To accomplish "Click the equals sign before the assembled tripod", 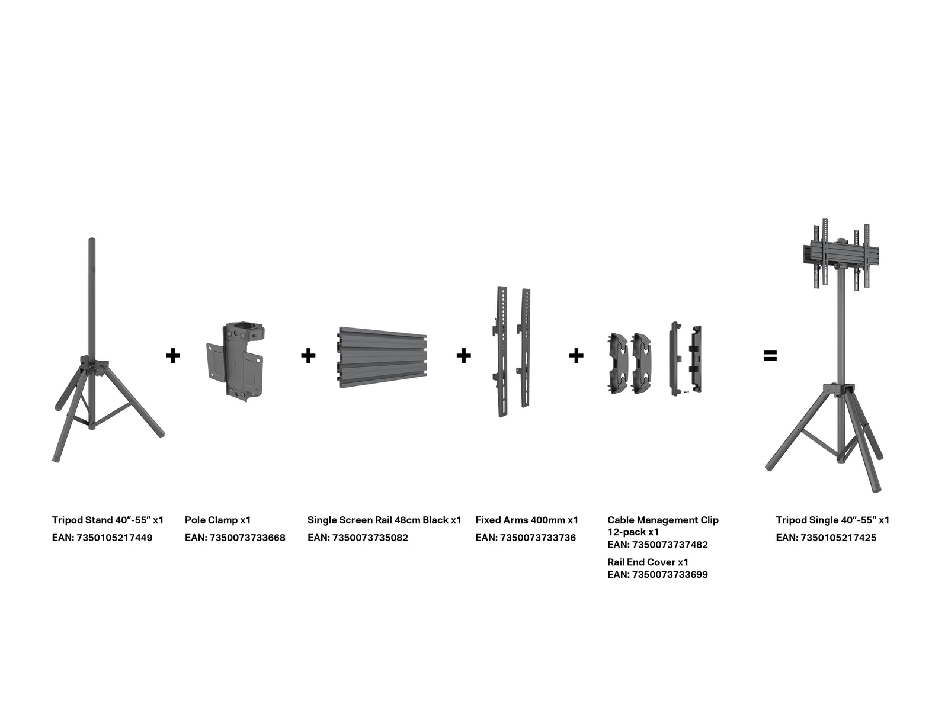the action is [770, 356].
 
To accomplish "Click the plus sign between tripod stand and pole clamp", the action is [173, 356].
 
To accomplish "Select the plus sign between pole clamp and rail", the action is [308, 356].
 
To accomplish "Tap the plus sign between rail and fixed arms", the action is [463, 356].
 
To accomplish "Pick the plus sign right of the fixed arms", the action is [576, 356].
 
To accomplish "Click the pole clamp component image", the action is [235, 362].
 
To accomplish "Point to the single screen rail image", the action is [382, 357].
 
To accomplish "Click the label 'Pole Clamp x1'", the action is [217, 520].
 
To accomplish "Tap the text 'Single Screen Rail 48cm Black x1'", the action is [385, 520].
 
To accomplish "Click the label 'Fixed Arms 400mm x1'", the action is [527, 520].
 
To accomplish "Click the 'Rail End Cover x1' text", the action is [648, 562].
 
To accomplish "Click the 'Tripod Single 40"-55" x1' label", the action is [832, 520].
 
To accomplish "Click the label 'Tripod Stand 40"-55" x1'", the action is [108, 520].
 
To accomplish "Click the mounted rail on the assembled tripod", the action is [841, 255].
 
